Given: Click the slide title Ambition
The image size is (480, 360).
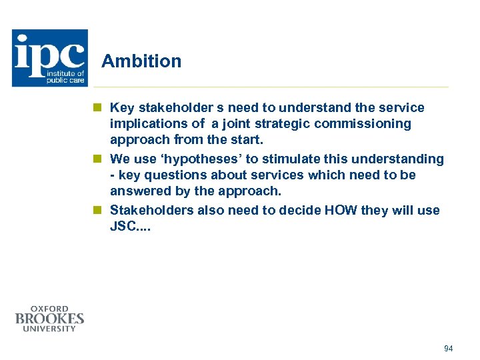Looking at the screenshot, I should coord(141,61).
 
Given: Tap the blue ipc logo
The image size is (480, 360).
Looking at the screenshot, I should coord(50,57).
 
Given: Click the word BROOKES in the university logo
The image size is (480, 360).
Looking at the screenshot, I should coord(50,319).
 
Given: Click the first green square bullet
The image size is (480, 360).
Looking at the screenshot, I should coord(97,107).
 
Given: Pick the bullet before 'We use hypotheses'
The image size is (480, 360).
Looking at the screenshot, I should coord(97,159).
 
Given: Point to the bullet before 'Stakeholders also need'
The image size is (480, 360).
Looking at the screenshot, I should coord(97,211).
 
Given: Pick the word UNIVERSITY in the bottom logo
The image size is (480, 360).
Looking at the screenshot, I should coord(50,329).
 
